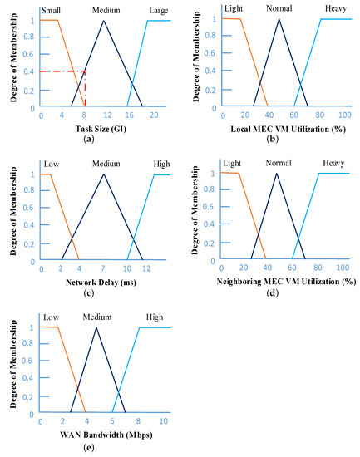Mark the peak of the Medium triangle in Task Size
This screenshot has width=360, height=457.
tap(103, 20)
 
